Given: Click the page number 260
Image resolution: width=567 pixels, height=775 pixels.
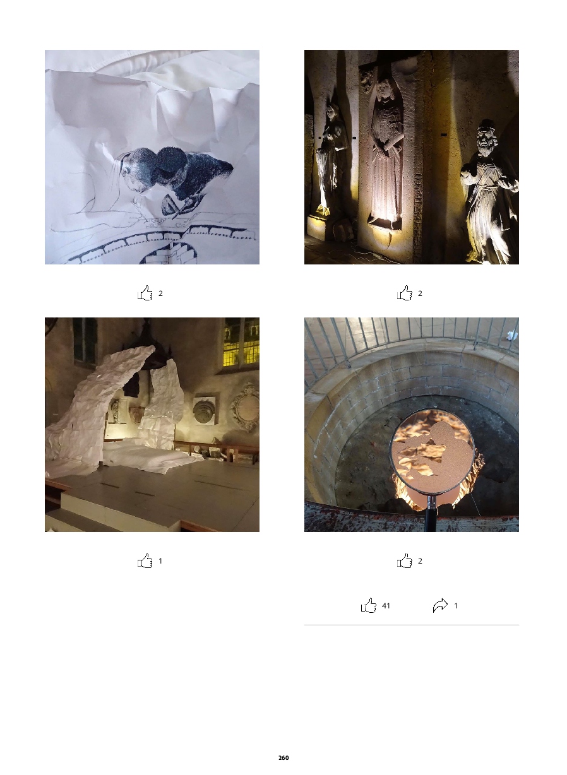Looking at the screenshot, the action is click(x=283, y=757).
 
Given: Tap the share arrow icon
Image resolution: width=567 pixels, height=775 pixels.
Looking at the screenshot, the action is click(x=440, y=605).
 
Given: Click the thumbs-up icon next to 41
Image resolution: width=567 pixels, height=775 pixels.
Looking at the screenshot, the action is click(x=369, y=605).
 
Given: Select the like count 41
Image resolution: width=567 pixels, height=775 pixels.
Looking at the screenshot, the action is click(x=386, y=605).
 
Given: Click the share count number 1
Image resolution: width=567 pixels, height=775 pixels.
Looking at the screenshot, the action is click(x=456, y=605).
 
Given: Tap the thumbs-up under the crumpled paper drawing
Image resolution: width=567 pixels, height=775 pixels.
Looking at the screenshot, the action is click(x=145, y=293).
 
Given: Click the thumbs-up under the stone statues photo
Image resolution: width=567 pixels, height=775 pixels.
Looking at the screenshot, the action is click(x=405, y=293).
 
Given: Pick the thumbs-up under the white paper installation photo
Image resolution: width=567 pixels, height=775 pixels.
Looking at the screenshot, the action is click(x=145, y=560).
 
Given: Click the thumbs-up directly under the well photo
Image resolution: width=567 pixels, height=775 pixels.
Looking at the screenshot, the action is click(x=405, y=560).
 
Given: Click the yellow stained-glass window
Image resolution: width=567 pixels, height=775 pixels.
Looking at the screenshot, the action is click(x=241, y=342).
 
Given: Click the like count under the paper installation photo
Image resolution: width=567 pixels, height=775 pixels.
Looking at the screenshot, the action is click(x=160, y=561).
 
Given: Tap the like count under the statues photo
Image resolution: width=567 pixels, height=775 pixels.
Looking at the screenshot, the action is click(x=420, y=293).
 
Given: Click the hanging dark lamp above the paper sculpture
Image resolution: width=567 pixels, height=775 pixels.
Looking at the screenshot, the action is click(x=152, y=350).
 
